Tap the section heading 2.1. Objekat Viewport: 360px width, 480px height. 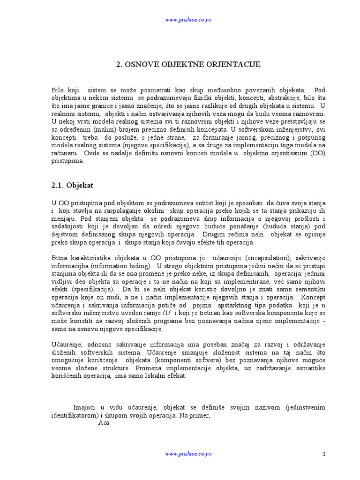[72, 186]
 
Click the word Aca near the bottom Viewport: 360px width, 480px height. [104, 423]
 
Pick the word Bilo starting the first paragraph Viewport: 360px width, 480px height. [59, 90]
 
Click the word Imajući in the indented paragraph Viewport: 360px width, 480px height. [86, 408]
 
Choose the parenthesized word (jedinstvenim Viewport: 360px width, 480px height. [304, 408]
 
